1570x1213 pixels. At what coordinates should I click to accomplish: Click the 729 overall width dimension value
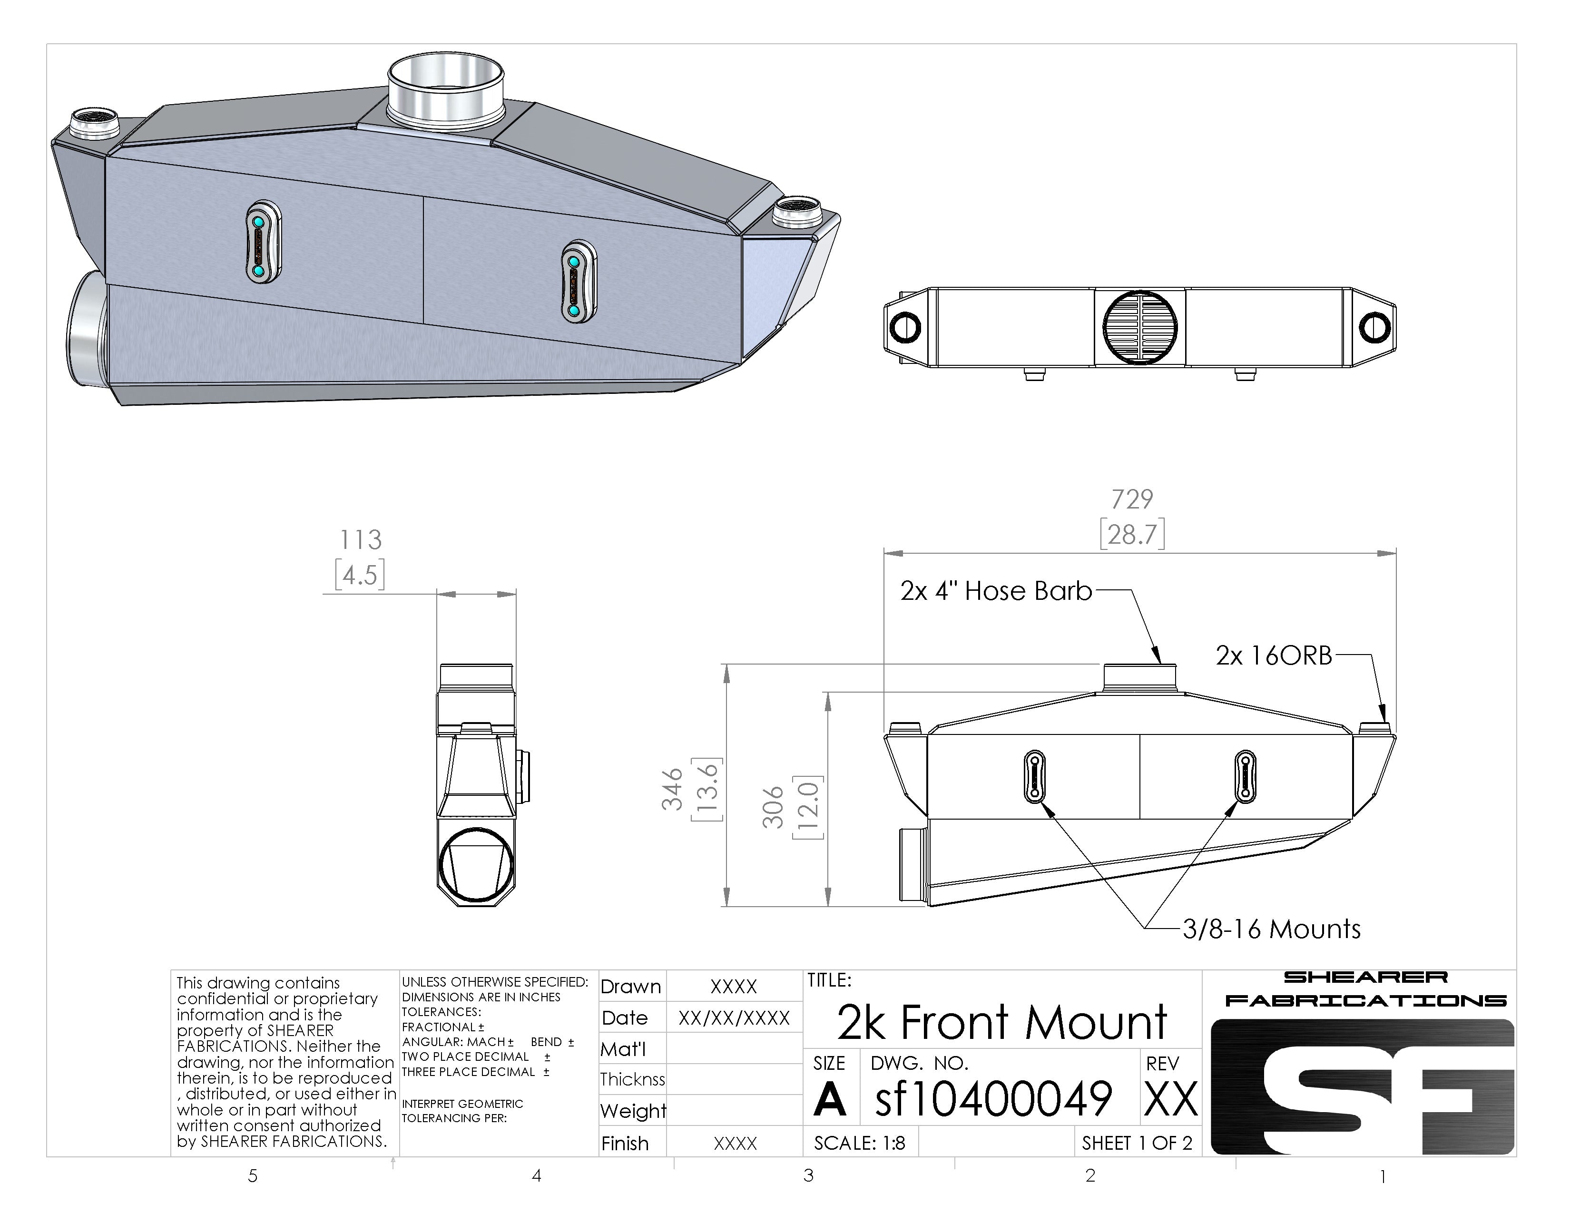pos(1132,499)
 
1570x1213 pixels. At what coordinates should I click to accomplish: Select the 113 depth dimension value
pos(360,540)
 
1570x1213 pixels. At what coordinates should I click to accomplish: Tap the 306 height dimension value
pos(773,807)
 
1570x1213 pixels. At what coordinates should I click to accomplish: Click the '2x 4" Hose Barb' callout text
pos(996,591)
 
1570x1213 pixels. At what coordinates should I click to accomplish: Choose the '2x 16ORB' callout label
pos(1274,656)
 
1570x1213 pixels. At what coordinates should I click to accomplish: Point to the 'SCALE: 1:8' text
pos(860,1143)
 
